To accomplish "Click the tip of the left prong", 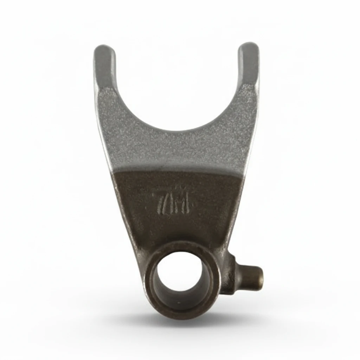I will click(104, 49).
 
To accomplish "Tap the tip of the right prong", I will click(249, 47).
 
